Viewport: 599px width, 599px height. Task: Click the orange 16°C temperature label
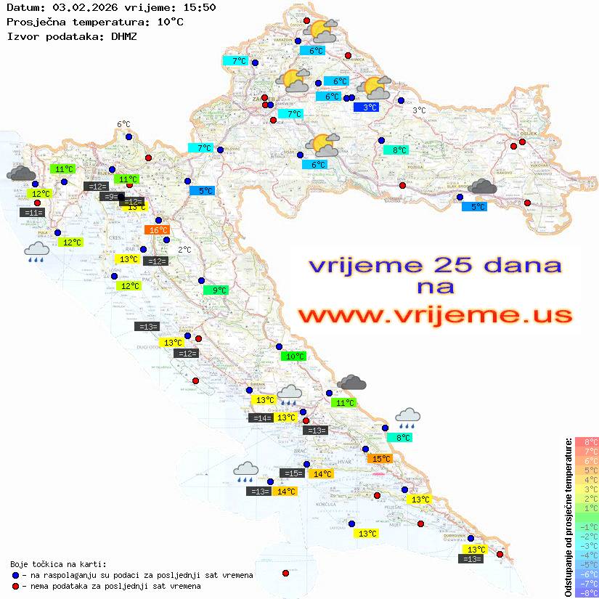[x=158, y=230]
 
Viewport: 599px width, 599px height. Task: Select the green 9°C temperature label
[x=216, y=290]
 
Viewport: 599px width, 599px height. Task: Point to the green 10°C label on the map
[x=294, y=356]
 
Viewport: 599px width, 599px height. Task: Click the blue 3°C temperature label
[x=370, y=107]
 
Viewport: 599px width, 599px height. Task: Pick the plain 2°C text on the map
[x=184, y=250]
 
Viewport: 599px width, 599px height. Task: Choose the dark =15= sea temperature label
[x=293, y=473]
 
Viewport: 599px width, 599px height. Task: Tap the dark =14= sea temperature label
[x=261, y=418]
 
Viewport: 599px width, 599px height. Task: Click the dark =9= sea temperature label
[x=110, y=197]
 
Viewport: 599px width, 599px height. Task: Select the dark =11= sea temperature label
[x=33, y=213]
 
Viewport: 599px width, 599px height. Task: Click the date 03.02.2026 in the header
[x=83, y=7]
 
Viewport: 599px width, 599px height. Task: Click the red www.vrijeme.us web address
[x=435, y=315]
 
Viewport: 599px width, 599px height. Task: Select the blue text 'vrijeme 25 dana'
[x=435, y=266]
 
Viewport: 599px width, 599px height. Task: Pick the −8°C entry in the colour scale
[x=586, y=592]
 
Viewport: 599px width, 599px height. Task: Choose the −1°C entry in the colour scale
[x=586, y=526]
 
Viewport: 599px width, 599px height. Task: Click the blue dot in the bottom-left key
[x=15, y=575]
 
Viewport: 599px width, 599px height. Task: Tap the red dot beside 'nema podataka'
[x=15, y=586]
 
